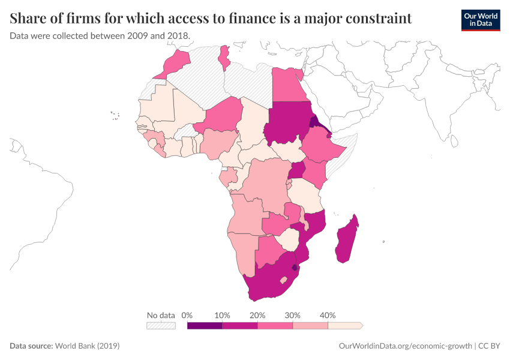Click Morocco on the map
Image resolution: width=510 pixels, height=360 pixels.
click(174, 64)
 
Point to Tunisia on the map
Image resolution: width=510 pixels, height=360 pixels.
click(225, 57)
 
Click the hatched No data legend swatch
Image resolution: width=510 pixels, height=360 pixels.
click(161, 326)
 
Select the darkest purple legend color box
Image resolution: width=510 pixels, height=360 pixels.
click(205, 326)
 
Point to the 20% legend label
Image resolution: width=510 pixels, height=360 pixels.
click(257, 315)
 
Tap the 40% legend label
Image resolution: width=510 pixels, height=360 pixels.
click(328, 315)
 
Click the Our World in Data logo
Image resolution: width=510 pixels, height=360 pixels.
click(480, 20)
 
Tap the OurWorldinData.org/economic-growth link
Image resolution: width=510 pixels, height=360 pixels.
click(405, 346)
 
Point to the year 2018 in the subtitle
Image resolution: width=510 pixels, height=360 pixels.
click(177, 35)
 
